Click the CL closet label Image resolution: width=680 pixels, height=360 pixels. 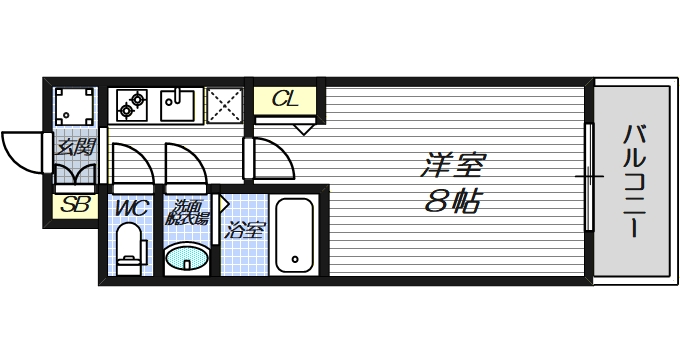pyautogui.click(x=284, y=100)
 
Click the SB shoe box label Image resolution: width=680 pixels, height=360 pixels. pyautogui.click(x=73, y=207)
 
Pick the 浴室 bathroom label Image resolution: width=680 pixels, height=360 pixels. pyautogui.click(x=245, y=230)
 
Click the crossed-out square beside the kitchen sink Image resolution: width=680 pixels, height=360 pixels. pyautogui.click(x=225, y=104)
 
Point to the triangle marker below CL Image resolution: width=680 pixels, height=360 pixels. pyautogui.click(x=304, y=127)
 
